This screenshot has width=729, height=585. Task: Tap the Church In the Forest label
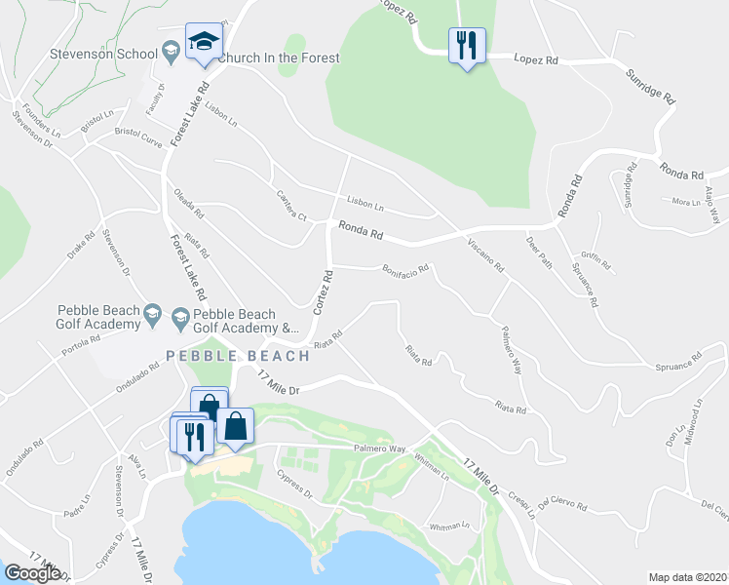coord(279,58)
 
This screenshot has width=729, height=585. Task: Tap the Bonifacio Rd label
coord(405,268)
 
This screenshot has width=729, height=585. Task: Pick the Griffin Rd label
coord(597,259)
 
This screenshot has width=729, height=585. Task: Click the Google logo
coord(32,573)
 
